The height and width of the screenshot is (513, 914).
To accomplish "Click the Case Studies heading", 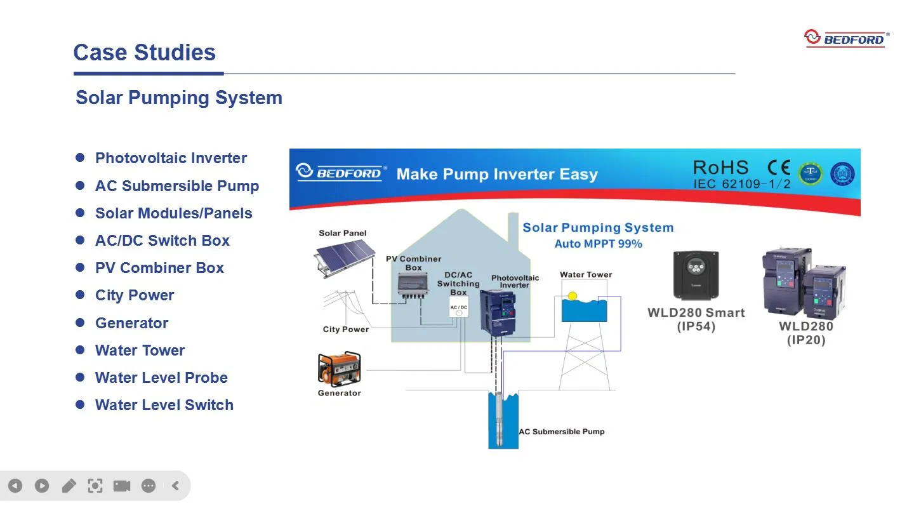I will (144, 52).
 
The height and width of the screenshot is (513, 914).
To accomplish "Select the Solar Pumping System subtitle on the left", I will (178, 98).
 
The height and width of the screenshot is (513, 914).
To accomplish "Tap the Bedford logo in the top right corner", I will (847, 38).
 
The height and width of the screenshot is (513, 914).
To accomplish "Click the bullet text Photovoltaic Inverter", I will (171, 158).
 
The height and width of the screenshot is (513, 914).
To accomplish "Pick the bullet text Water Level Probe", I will (161, 378).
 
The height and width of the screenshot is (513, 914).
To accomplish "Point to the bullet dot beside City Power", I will (80, 295).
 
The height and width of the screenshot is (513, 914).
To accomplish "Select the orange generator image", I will (339, 368).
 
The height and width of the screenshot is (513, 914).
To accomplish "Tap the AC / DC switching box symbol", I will (458, 309).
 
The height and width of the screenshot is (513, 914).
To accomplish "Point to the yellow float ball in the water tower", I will (573, 296).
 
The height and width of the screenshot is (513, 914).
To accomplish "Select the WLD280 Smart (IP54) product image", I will (696, 275).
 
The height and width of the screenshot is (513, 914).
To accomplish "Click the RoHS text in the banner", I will (720, 168).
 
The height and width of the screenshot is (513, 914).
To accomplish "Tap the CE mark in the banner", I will (779, 168).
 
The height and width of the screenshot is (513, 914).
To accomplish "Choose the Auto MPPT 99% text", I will (598, 244).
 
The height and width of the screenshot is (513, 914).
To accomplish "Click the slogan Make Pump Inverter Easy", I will (496, 175).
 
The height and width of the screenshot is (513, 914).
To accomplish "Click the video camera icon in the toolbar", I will (121, 486).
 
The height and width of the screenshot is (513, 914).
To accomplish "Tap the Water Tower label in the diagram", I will (586, 275).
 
